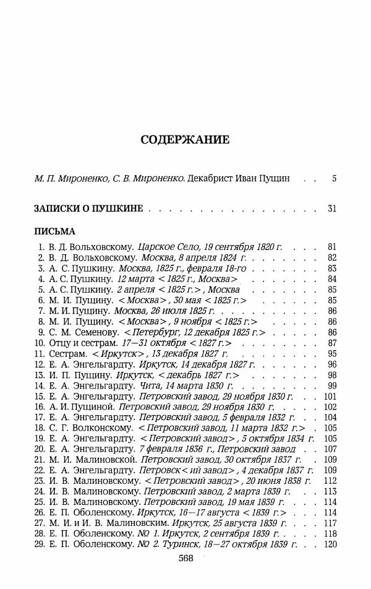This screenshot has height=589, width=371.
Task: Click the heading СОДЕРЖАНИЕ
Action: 185,139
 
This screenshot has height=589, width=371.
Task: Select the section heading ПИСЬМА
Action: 54,231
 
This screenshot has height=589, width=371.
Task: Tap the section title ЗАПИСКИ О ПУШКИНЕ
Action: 88,209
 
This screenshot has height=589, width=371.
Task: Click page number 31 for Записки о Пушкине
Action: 331,209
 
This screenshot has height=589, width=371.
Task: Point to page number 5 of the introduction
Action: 334,179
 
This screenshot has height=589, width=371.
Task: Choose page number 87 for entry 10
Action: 331,343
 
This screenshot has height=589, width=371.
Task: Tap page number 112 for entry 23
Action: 330,481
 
